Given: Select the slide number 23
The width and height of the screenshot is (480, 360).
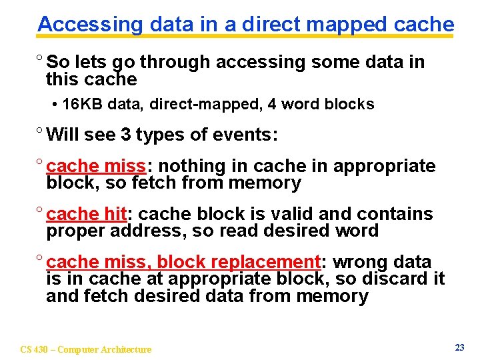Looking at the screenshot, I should (x=459, y=347).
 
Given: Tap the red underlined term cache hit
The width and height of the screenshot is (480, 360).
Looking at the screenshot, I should (x=87, y=215).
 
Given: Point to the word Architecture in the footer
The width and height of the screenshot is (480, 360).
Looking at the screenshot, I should (x=127, y=349).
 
